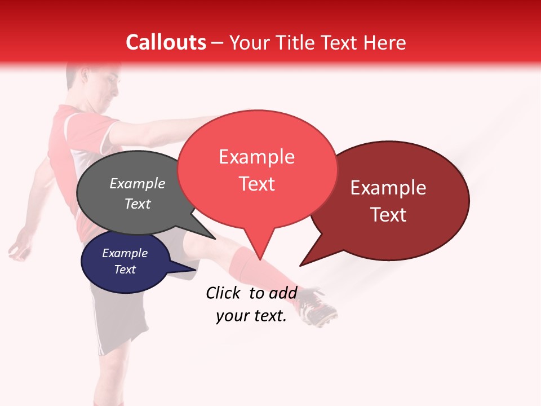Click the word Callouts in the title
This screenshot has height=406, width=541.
pos(166,42)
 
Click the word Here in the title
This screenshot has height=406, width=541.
pos(385,43)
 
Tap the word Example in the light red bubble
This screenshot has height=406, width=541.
pos(256,157)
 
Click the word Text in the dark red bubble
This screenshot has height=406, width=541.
pos(388,214)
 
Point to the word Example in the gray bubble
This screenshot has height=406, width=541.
pos(138,183)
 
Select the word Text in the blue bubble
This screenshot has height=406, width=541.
pos(125,270)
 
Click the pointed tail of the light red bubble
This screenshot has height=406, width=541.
pos(259,254)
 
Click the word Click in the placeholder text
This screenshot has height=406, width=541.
pos(224,293)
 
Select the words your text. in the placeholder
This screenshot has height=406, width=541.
pos(251,316)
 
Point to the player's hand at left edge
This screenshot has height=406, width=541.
pos(20,248)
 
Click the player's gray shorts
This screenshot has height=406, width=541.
pos(118,321)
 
